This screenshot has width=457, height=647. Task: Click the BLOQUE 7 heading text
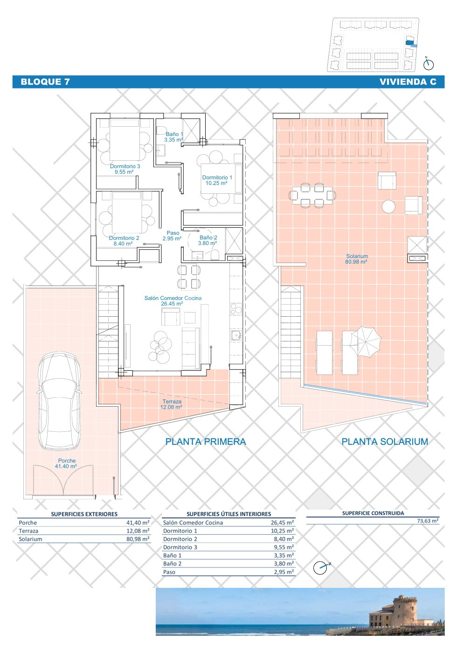click(45, 82)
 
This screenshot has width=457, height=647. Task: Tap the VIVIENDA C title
click(408, 82)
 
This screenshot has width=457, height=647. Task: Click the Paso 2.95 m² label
click(173, 235)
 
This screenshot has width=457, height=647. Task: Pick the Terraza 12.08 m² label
click(172, 404)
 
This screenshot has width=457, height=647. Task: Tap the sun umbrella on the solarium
click(365, 342)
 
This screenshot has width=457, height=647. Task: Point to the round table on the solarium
click(388, 206)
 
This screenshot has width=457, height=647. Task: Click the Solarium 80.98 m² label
click(357, 259)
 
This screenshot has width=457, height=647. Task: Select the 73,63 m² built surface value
click(428, 521)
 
